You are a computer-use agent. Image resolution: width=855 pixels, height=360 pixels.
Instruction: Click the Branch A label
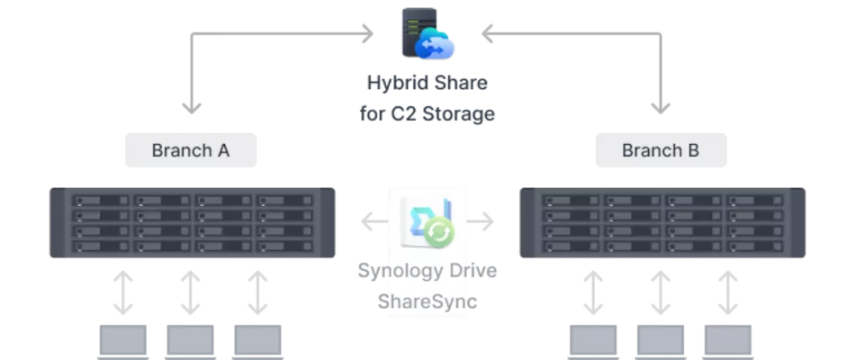[x=190, y=150]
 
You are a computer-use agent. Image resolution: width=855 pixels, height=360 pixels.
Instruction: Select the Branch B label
[x=660, y=150]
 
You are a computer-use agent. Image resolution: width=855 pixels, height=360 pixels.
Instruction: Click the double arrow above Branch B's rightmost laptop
[x=726, y=290]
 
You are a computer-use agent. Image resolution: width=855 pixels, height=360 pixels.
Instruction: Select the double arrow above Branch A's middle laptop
[x=190, y=290]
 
